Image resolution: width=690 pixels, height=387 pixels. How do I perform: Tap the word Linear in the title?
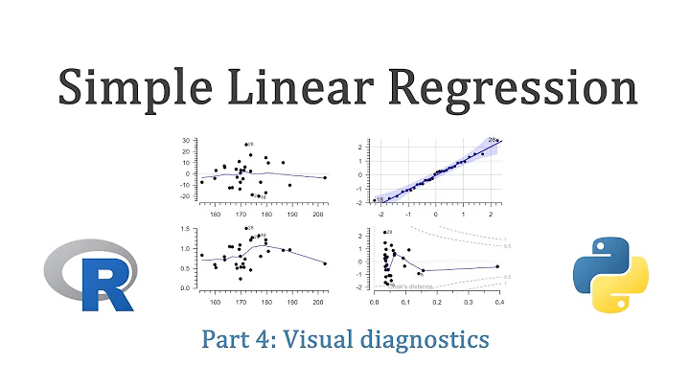coord(322,89)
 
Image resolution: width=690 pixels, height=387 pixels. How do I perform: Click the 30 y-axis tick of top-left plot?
coord(186,141)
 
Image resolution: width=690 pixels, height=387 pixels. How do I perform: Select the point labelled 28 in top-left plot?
coord(246,144)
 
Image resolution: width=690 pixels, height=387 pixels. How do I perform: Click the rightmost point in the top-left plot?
coord(325,177)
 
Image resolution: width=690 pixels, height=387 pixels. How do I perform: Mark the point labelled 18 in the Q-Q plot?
coord(375,200)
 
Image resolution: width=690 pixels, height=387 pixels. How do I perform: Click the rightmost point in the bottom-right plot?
coord(497,267)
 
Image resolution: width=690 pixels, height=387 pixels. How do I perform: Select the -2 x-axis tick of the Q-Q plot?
coord(380,214)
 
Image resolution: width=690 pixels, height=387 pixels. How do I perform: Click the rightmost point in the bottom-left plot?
coord(325,263)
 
